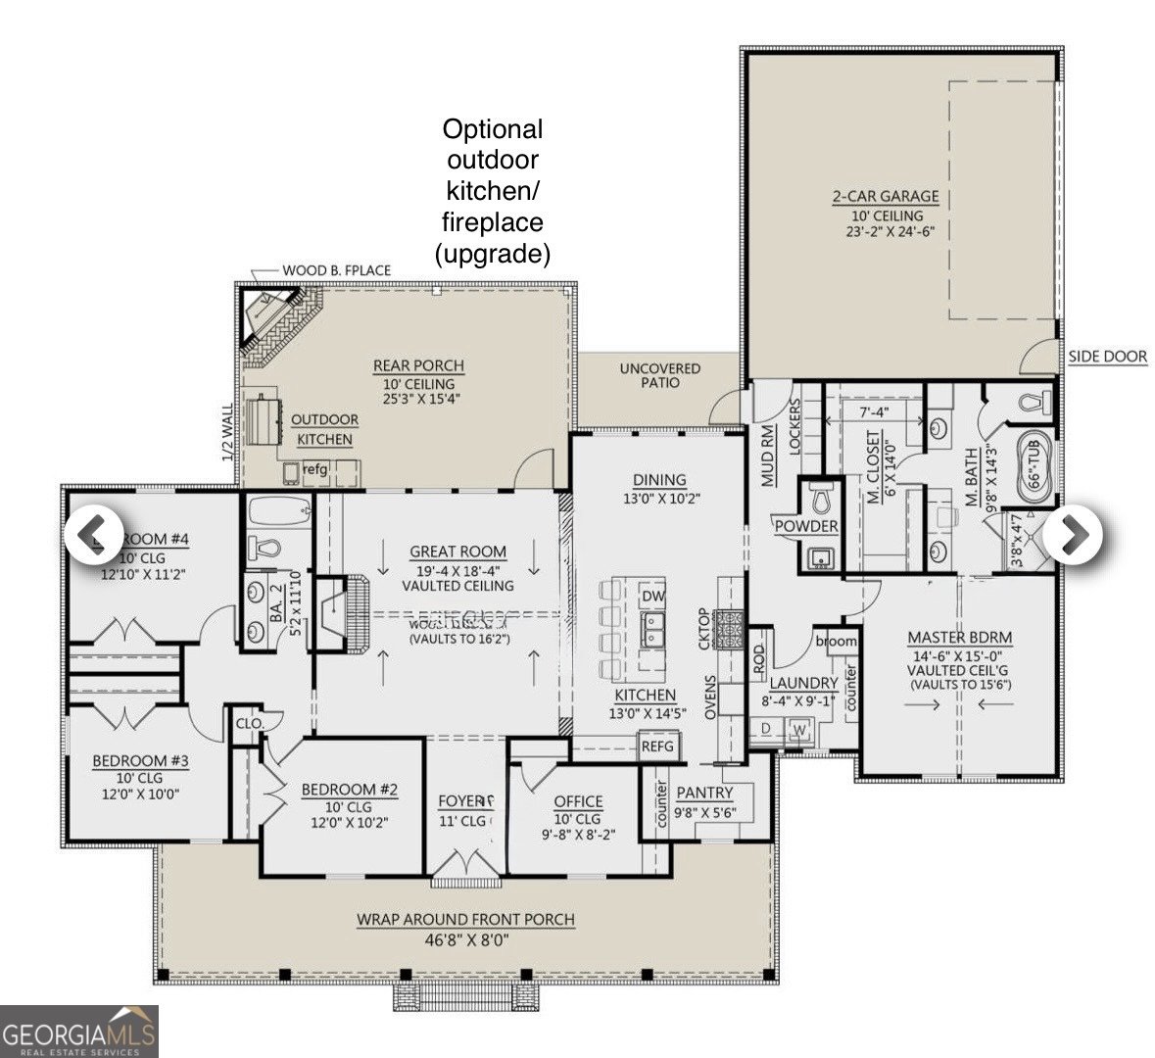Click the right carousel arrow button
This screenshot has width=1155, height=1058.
[x=1073, y=534]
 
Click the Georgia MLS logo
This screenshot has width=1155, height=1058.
[x=78, y=1032]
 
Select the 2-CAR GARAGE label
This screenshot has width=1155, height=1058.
[x=885, y=196]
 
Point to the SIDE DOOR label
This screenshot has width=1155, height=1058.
[x=1107, y=357]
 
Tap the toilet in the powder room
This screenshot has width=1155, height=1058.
[x=822, y=499]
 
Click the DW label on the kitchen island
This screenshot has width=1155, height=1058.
[x=653, y=597]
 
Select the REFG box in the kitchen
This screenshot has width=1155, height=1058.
[x=658, y=746]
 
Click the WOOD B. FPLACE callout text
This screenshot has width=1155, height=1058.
[x=336, y=270]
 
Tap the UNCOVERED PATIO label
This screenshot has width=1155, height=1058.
[x=659, y=375]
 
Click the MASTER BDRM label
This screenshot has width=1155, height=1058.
[x=959, y=638]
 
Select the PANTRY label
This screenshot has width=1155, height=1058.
[x=704, y=792]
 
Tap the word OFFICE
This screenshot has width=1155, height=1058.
[x=578, y=801]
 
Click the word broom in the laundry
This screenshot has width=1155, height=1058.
[x=836, y=642]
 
